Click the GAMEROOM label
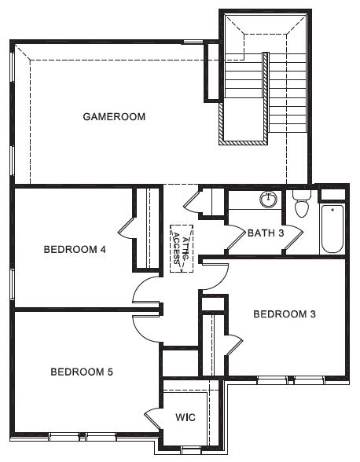click(114, 116)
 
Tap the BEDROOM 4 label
click(75, 250)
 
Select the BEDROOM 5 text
click(82, 372)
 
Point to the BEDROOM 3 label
click(285, 314)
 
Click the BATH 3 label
click(266, 233)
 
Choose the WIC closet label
click(186, 417)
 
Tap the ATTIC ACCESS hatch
click(182, 248)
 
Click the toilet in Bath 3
click(302, 203)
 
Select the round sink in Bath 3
click(268, 200)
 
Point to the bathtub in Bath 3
click(332, 229)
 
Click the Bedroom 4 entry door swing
click(146, 289)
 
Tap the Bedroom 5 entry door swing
click(146, 328)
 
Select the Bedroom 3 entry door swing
click(215, 277)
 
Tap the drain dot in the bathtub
click(332, 210)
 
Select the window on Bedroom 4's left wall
click(12, 284)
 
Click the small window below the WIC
click(191, 450)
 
